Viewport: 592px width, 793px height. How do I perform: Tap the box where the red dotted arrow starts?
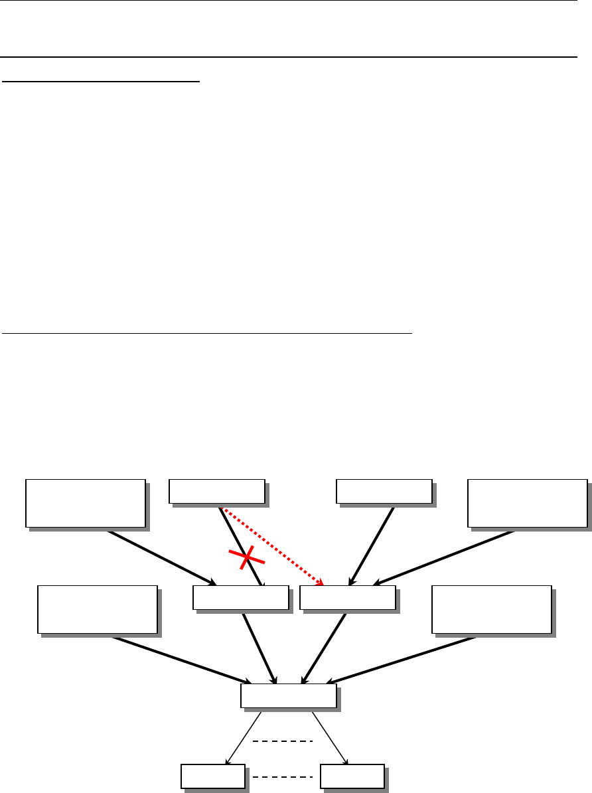click(x=216, y=492)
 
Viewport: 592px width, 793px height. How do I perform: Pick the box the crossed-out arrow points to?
click(x=240, y=597)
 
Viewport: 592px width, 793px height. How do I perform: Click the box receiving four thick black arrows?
click(x=288, y=696)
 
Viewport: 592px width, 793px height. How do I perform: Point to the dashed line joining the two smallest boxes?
click(x=282, y=776)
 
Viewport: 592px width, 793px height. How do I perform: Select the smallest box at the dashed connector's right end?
click(x=351, y=775)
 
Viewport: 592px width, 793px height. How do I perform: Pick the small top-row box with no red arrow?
click(x=384, y=492)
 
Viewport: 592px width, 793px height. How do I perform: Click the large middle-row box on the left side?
click(x=98, y=609)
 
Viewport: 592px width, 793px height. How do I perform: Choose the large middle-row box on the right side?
click(x=491, y=609)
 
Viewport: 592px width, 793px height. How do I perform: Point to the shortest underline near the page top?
click(x=101, y=82)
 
